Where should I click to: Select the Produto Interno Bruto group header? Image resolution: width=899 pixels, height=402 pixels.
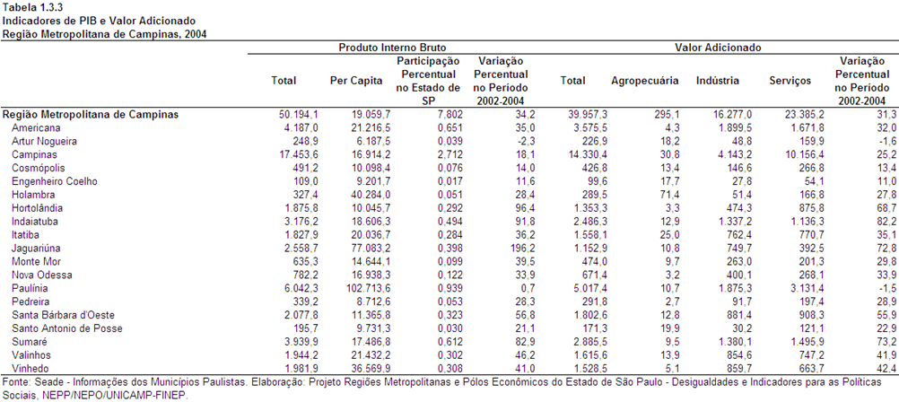pyautogui.click(x=392, y=48)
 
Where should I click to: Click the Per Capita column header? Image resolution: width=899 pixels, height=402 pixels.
pyautogui.click(x=356, y=81)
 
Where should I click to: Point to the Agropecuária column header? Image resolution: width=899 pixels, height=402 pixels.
pyautogui.click(x=645, y=81)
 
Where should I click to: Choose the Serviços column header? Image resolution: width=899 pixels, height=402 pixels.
pyautogui.click(x=790, y=81)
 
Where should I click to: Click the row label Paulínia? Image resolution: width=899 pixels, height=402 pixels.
pyautogui.click(x=30, y=288)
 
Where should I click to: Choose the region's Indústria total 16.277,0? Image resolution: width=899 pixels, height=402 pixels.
pyautogui.click(x=730, y=114)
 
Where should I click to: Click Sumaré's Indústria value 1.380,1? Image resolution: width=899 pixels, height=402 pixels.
pyautogui.click(x=733, y=341)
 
